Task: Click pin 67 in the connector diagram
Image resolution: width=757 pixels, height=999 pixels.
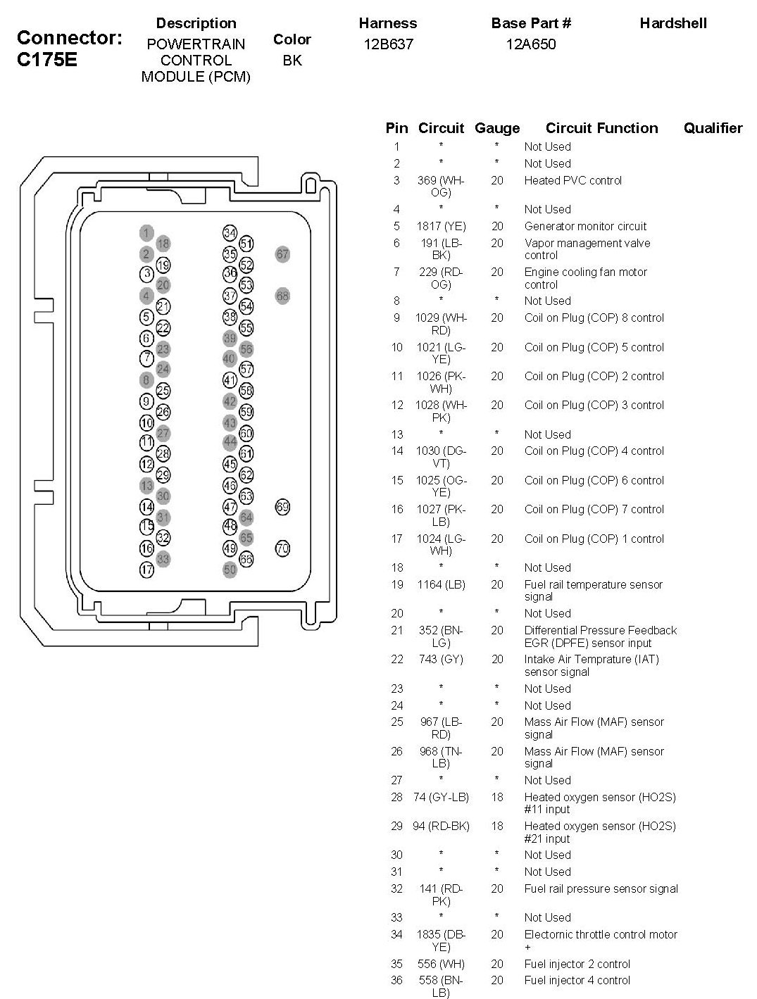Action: pos(282,254)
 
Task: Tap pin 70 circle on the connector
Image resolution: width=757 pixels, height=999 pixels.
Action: pos(282,548)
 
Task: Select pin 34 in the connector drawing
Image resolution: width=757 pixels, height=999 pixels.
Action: pos(230,233)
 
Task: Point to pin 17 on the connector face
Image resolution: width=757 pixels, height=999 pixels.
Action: pos(146,570)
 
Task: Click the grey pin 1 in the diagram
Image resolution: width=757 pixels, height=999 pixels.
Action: pos(146,233)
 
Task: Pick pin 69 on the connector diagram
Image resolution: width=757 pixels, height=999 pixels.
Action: pos(282,507)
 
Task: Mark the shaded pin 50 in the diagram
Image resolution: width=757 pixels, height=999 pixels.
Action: pos(230,570)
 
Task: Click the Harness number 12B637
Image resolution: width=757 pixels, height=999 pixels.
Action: pos(388,44)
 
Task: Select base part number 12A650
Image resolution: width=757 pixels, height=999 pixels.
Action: pos(531,44)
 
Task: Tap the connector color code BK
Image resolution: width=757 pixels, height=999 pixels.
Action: pos(292,61)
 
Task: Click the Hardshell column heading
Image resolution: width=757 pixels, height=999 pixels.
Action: pos(673,23)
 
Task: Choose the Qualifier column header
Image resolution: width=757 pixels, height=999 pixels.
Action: pos(713,128)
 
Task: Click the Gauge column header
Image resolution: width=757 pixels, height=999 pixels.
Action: pos(497,128)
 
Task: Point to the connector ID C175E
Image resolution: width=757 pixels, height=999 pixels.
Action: pos(47,60)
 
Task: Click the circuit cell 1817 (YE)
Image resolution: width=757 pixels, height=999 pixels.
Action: pos(441,226)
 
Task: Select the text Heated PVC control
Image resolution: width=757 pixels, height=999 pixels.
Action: pos(573,180)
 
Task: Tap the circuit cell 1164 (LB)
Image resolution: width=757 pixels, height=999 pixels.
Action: pos(441,584)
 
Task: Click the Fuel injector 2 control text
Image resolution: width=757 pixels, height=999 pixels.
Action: pos(577,964)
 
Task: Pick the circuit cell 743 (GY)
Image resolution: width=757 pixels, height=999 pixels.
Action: pos(441,659)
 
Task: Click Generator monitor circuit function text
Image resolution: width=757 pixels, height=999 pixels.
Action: pos(585,226)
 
